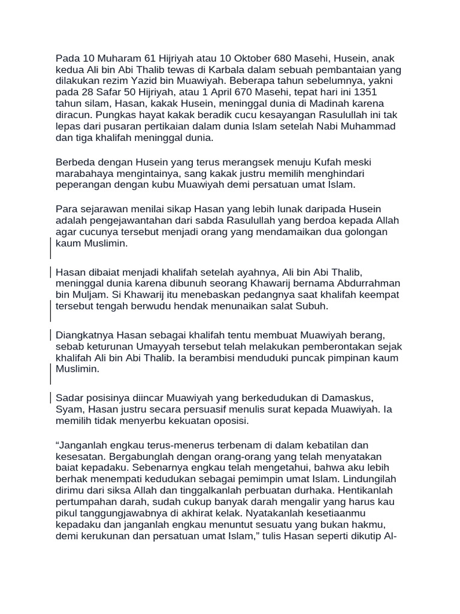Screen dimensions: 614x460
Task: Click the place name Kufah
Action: coord(323,162)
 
